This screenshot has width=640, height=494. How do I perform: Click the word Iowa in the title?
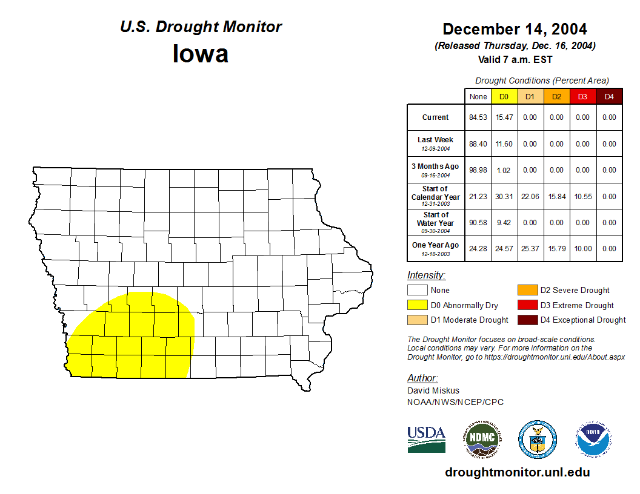point(201,54)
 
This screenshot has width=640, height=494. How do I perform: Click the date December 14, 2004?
point(515,29)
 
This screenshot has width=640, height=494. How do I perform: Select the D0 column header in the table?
point(504,97)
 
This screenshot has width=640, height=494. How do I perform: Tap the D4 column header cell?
point(609,97)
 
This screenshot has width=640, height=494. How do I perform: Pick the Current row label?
point(436,117)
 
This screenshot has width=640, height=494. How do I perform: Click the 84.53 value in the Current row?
point(478,117)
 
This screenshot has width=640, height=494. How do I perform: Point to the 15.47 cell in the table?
point(504,117)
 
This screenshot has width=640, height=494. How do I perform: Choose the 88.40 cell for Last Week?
point(478,144)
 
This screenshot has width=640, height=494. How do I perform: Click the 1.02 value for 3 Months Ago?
point(504,170)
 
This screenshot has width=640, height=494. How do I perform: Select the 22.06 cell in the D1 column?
point(530,197)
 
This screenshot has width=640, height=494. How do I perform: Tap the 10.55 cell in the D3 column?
point(582,197)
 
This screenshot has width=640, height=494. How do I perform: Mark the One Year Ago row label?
point(436,246)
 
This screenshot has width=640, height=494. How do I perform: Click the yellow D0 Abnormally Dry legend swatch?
point(418,305)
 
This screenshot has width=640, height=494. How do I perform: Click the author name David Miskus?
point(433,390)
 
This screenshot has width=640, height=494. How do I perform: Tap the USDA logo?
point(427,439)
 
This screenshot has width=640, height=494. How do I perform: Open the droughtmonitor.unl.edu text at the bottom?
point(517,472)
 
